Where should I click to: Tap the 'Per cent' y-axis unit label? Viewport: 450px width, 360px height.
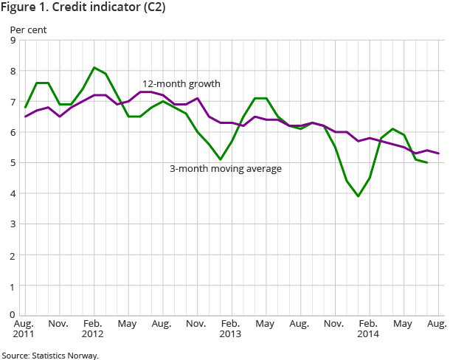(x=26, y=30)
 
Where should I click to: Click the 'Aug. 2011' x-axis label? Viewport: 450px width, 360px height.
(x=24, y=330)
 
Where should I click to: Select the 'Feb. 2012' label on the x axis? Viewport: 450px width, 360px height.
(x=92, y=330)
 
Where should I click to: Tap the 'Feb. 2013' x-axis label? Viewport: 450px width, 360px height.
(x=230, y=330)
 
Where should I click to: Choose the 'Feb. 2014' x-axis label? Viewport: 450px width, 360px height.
(x=369, y=330)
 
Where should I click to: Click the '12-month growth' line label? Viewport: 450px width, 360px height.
(x=181, y=83)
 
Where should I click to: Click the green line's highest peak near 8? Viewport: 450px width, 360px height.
(x=94, y=68)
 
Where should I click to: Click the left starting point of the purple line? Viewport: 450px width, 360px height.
(x=25, y=117)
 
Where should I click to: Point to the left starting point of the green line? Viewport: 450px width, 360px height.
(x=25, y=108)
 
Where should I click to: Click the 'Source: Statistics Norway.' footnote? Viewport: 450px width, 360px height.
(x=49, y=355)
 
